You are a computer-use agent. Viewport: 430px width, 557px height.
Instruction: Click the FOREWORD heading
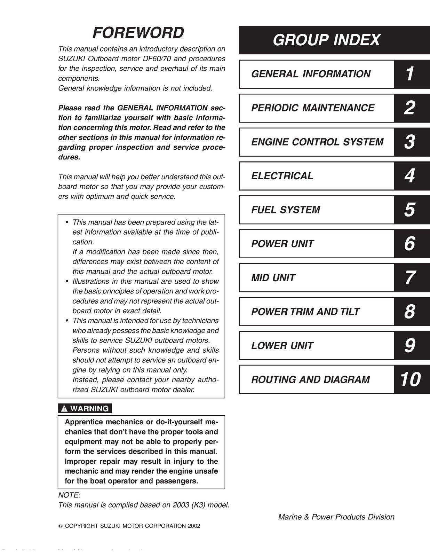138,33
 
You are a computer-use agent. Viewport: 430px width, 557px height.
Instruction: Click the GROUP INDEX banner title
326,40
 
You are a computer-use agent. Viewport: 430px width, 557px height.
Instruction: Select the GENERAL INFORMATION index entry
311,74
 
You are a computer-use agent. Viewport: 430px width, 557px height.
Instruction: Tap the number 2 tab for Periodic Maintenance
409,108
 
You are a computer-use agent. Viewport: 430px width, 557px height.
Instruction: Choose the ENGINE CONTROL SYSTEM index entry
317,142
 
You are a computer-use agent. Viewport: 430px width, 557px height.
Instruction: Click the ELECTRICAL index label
282,176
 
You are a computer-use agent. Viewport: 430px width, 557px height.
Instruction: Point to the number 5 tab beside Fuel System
409,210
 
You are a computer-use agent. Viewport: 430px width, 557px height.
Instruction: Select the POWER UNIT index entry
282,244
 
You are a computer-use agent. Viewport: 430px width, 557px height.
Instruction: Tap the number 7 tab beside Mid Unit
409,278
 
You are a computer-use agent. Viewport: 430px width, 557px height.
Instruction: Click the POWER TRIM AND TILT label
305,312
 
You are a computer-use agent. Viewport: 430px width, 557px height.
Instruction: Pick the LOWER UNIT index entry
282,346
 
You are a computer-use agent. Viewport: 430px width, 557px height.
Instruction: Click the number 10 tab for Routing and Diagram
410,379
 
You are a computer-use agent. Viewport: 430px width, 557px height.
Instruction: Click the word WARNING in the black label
89,409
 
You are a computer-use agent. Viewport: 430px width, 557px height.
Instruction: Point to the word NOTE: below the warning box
69,495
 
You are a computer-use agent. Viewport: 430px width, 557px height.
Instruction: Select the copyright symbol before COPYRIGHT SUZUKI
60,526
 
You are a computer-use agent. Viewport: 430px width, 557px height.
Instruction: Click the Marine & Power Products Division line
336,517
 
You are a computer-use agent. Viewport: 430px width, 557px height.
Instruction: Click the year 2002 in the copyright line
193,526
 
